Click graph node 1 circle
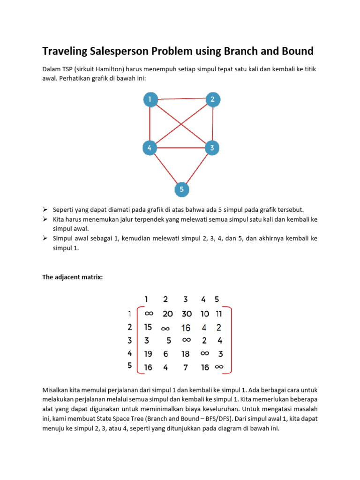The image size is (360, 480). (150, 99)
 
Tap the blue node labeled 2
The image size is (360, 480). (212, 99)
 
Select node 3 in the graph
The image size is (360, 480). (212, 148)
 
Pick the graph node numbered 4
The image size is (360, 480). (150, 148)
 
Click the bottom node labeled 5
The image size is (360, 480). (181, 190)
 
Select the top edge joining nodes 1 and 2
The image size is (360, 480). (181, 98)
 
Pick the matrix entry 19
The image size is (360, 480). (148, 354)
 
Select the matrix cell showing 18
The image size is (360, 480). (186, 354)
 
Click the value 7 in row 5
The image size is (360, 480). (186, 367)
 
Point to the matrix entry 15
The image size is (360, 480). (148, 327)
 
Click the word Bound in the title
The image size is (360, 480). (291, 51)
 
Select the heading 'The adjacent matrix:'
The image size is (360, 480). (72, 277)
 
